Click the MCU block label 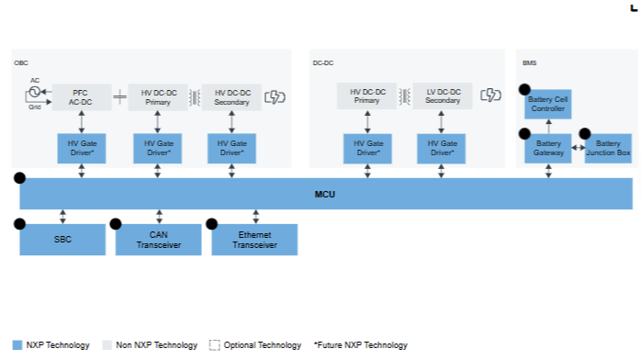click(324, 195)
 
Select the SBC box click(62, 240)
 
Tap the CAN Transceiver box click(159, 240)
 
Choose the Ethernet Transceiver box click(254, 240)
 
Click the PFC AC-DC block click(82, 97)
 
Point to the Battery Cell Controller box click(548, 104)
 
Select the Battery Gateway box click(548, 149)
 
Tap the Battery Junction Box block click(608, 149)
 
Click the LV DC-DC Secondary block click(443, 96)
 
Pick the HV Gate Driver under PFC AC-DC click(82, 149)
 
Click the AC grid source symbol click(35, 92)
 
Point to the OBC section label click(21, 63)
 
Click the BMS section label click(529, 63)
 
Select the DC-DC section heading click(323, 63)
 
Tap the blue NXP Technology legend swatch click(17, 345)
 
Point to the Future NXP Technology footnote click(361, 345)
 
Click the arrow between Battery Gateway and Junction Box click(578, 148)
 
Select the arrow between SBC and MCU click(62, 217)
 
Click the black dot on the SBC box click(19, 224)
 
